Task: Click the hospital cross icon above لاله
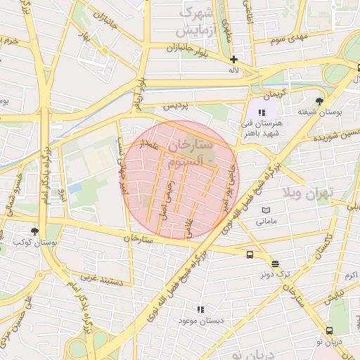click(233, 60)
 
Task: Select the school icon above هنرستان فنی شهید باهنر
click(262, 112)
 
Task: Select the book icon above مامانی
click(265, 210)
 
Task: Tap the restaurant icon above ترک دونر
click(275, 264)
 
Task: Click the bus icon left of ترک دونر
click(250, 255)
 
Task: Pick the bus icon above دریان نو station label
click(329, 330)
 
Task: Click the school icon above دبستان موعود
click(201, 309)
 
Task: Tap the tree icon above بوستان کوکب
click(35, 231)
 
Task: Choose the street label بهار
click(85, 37)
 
